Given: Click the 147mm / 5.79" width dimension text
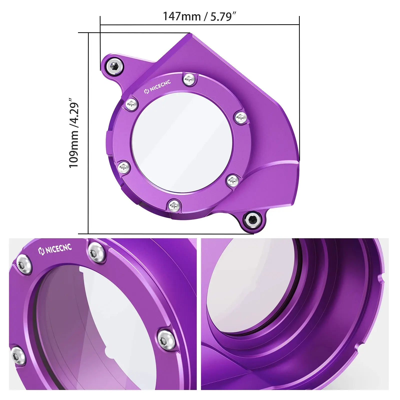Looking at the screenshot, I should (x=199, y=16).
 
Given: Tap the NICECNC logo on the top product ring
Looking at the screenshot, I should (x=158, y=87).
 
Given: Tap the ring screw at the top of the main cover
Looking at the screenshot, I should (x=189, y=79).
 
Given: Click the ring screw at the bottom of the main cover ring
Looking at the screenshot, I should (x=174, y=206).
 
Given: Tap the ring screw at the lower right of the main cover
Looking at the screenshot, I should (x=232, y=180).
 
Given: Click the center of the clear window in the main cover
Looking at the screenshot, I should (x=182, y=142).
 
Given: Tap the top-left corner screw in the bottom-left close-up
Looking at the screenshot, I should (x=24, y=264).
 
